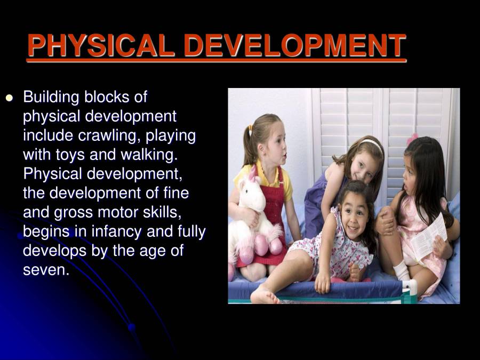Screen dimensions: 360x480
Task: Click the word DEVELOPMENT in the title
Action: click(x=295, y=46)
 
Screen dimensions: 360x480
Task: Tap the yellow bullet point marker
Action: click(x=9, y=98)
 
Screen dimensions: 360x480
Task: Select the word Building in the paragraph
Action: click(x=51, y=98)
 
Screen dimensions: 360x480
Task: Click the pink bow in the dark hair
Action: click(x=412, y=138)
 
